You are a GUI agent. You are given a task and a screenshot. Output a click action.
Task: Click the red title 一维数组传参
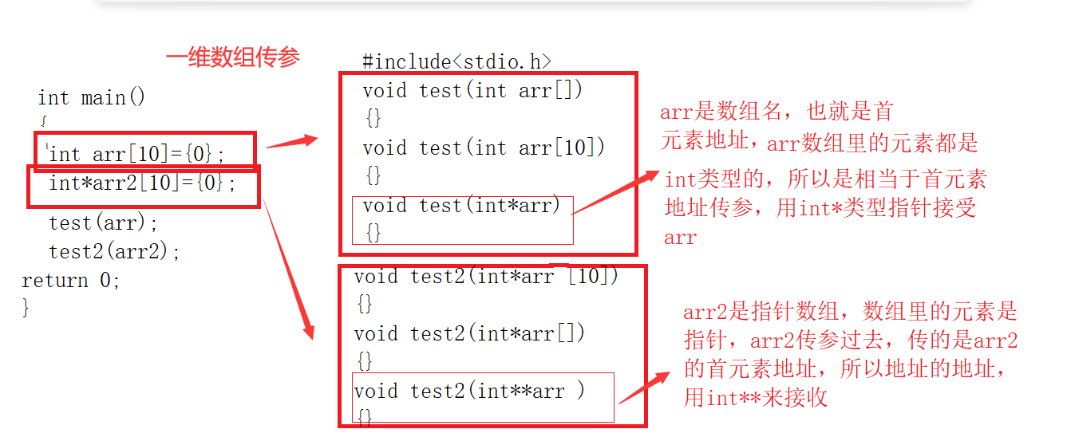click(232, 57)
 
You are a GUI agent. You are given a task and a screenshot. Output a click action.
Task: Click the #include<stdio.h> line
click(456, 61)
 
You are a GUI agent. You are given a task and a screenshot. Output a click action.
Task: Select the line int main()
click(92, 98)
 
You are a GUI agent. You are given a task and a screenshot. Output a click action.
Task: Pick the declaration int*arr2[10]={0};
click(143, 183)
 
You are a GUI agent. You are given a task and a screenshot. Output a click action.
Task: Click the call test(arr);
click(104, 222)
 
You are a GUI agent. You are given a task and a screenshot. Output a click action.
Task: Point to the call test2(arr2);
click(115, 251)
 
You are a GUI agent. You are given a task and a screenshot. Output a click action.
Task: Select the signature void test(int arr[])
click(472, 90)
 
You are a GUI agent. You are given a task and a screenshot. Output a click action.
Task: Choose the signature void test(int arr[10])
click(484, 148)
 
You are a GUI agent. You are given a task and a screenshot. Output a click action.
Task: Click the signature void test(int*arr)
click(462, 206)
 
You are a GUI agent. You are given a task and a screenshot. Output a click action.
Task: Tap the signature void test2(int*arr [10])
click(486, 276)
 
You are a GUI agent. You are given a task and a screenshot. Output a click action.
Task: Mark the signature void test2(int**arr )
click(469, 391)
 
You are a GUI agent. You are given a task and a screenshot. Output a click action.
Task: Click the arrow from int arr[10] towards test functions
click(292, 143)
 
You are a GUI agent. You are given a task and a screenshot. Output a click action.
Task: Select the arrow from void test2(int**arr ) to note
click(645, 388)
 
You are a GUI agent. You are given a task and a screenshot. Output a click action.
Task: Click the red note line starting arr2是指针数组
click(850, 312)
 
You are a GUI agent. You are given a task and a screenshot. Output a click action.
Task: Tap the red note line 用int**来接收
click(755, 397)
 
